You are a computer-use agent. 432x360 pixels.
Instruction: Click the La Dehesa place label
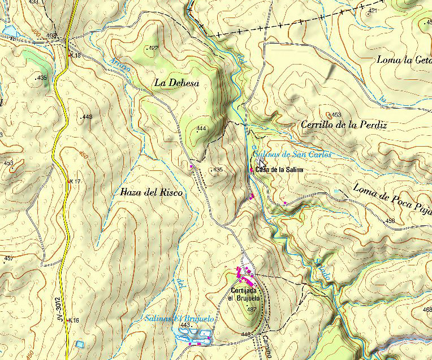[176, 83]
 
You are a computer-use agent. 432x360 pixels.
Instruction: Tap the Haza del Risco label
[151, 192]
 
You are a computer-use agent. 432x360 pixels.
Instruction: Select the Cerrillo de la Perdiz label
[344, 125]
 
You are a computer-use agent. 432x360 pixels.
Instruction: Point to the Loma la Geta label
[404, 59]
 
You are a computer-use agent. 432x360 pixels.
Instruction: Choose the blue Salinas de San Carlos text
[291, 155]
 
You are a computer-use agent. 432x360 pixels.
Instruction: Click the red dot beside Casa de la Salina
[252, 169]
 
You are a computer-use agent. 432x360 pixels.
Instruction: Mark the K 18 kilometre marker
[75, 55]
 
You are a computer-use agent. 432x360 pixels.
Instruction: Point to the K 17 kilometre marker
[74, 181]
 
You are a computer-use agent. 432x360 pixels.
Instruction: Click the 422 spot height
[153, 48]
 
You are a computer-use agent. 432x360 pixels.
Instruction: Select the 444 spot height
[201, 128]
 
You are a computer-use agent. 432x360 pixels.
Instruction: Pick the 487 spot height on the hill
[252, 309]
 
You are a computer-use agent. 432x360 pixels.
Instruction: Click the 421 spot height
[373, 11]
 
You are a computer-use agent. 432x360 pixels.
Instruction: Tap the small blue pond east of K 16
[80, 344]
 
